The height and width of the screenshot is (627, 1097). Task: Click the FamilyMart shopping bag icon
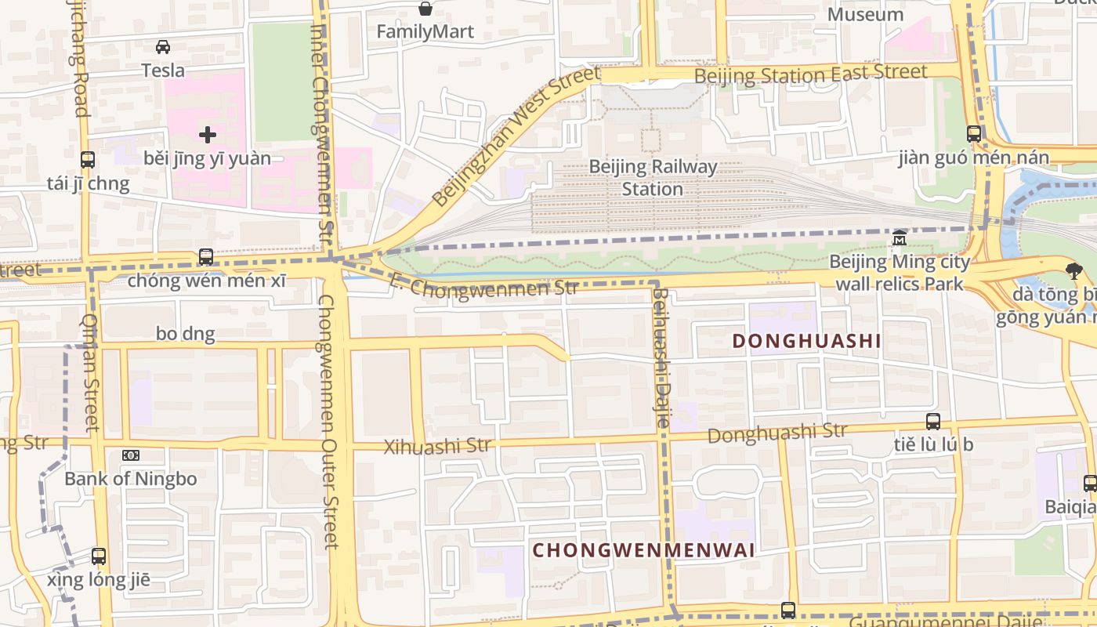click(x=425, y=9)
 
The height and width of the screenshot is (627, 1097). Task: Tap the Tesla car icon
click(x=163, y=47)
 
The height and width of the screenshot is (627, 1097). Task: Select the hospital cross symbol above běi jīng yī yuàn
click(x=208, y=135)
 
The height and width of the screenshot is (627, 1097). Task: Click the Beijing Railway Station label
click(x=653, y=178)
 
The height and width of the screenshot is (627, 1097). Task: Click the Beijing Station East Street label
click(x=811, y=74)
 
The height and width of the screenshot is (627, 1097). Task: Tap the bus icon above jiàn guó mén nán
click(x=974, y=134)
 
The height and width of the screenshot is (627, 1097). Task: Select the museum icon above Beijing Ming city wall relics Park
click(x=900, y=237)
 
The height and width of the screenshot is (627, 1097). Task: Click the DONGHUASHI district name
click(x=806, y=341)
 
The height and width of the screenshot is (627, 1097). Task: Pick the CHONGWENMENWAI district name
click(x=644, y=550)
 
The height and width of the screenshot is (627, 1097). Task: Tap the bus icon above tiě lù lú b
click(x=933, y=421)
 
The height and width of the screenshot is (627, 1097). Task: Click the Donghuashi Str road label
click(x=777, y=433)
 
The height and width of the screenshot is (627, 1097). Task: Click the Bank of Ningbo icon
click(x=131, y=455)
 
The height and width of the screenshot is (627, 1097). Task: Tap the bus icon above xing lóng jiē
click(x=99, y=556)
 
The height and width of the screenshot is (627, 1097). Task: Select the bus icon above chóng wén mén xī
click(x=206, y=256)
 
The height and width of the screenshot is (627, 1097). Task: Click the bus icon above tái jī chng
click(x=88, y=160)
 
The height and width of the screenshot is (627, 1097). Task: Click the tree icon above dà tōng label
click(x=1074, y=271)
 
